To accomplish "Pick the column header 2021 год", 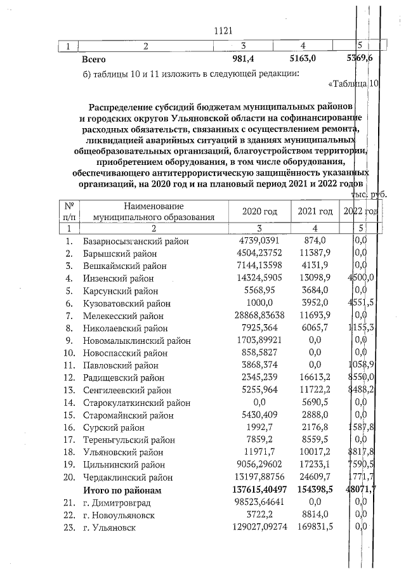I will pyautogui.click(x=315, y=212).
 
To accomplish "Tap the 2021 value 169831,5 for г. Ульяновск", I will pyautogui.click(x=315, y=527).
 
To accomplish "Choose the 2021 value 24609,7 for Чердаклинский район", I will pyautogui.click(x=315, y=478).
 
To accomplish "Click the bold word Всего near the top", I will pyautogui.click(x=96, y=59).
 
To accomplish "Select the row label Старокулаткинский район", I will pyautogui.click(x=136, y=402).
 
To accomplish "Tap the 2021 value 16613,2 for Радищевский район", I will pyautogui.click(x=315, y=377).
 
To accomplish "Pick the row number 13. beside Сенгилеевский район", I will pyautogui.click(x=70, y=390).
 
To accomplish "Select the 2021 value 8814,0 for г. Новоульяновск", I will pyautogui.click(x=315, y=515).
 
